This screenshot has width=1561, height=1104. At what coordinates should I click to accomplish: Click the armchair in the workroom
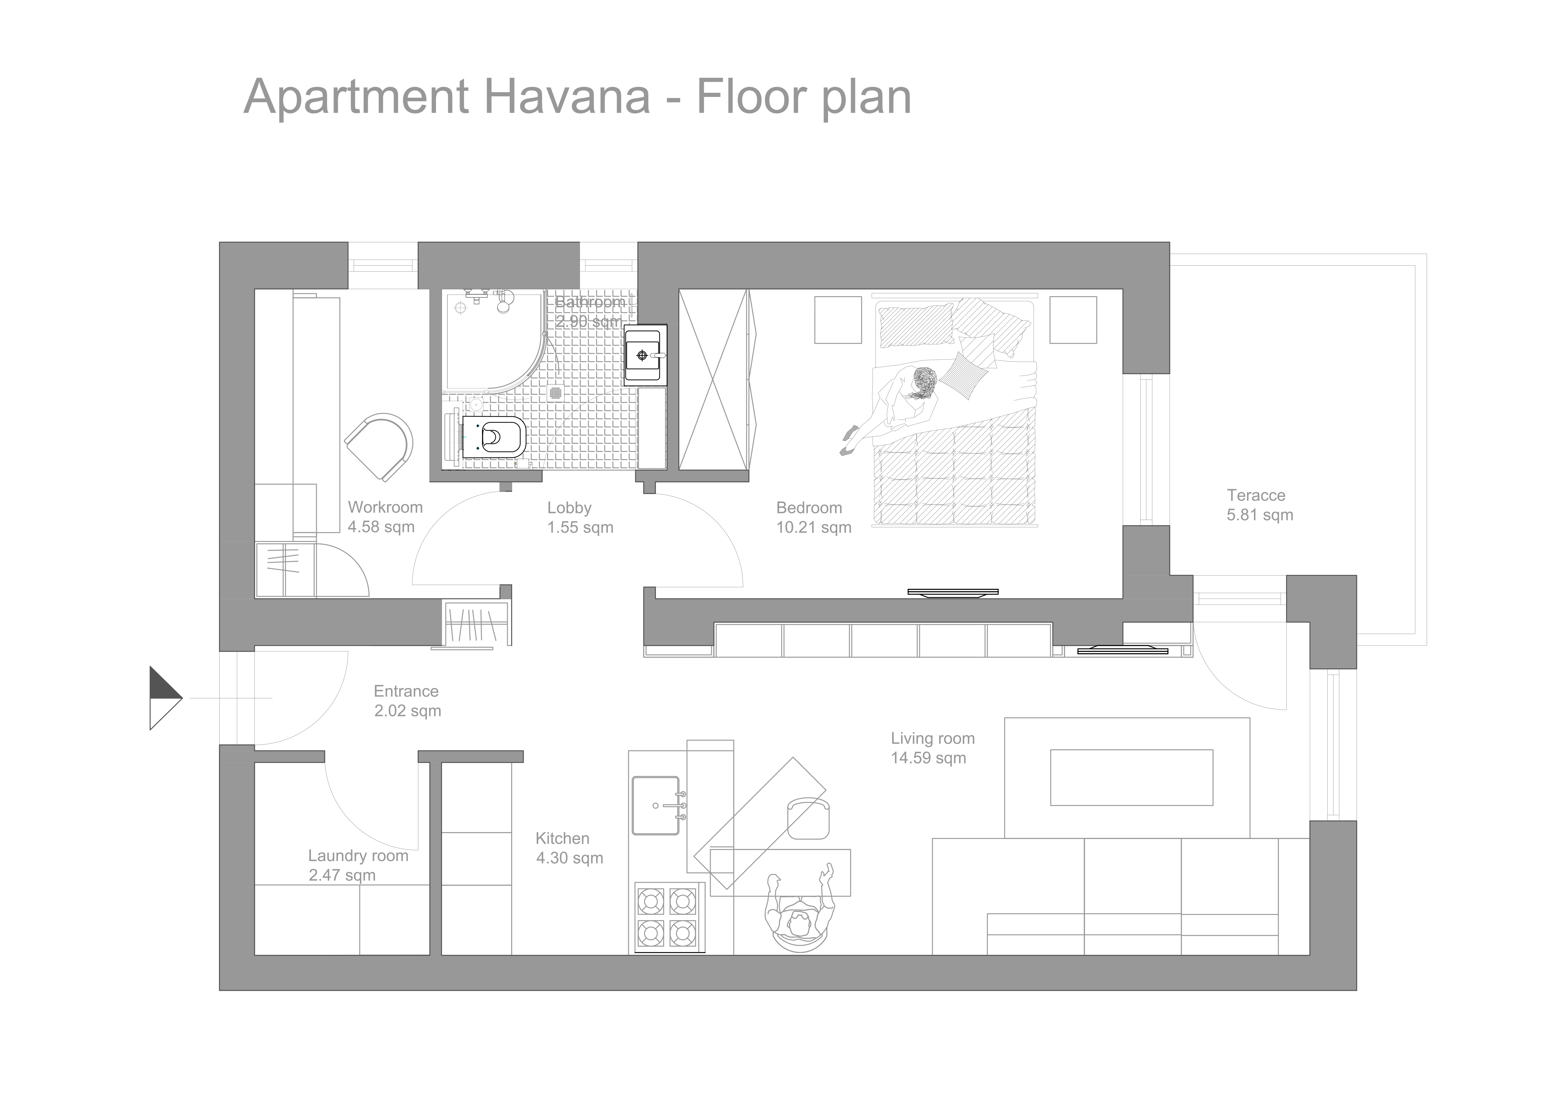(379, 447)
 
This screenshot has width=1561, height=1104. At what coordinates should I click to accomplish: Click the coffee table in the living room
(1131, 778)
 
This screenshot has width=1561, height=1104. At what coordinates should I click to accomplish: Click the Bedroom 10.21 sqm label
(813, 518)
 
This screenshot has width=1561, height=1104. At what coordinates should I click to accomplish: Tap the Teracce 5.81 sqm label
(1259, 505)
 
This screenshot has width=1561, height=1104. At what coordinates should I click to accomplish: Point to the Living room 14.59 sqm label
(932, 748)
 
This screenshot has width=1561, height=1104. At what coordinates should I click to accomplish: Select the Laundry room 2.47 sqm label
(358, 865)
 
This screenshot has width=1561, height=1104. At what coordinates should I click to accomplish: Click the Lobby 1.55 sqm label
(580, 518)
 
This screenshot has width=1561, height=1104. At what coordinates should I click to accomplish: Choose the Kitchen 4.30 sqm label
(569, 848)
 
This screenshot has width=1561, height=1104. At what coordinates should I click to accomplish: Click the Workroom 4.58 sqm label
(385, 517)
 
